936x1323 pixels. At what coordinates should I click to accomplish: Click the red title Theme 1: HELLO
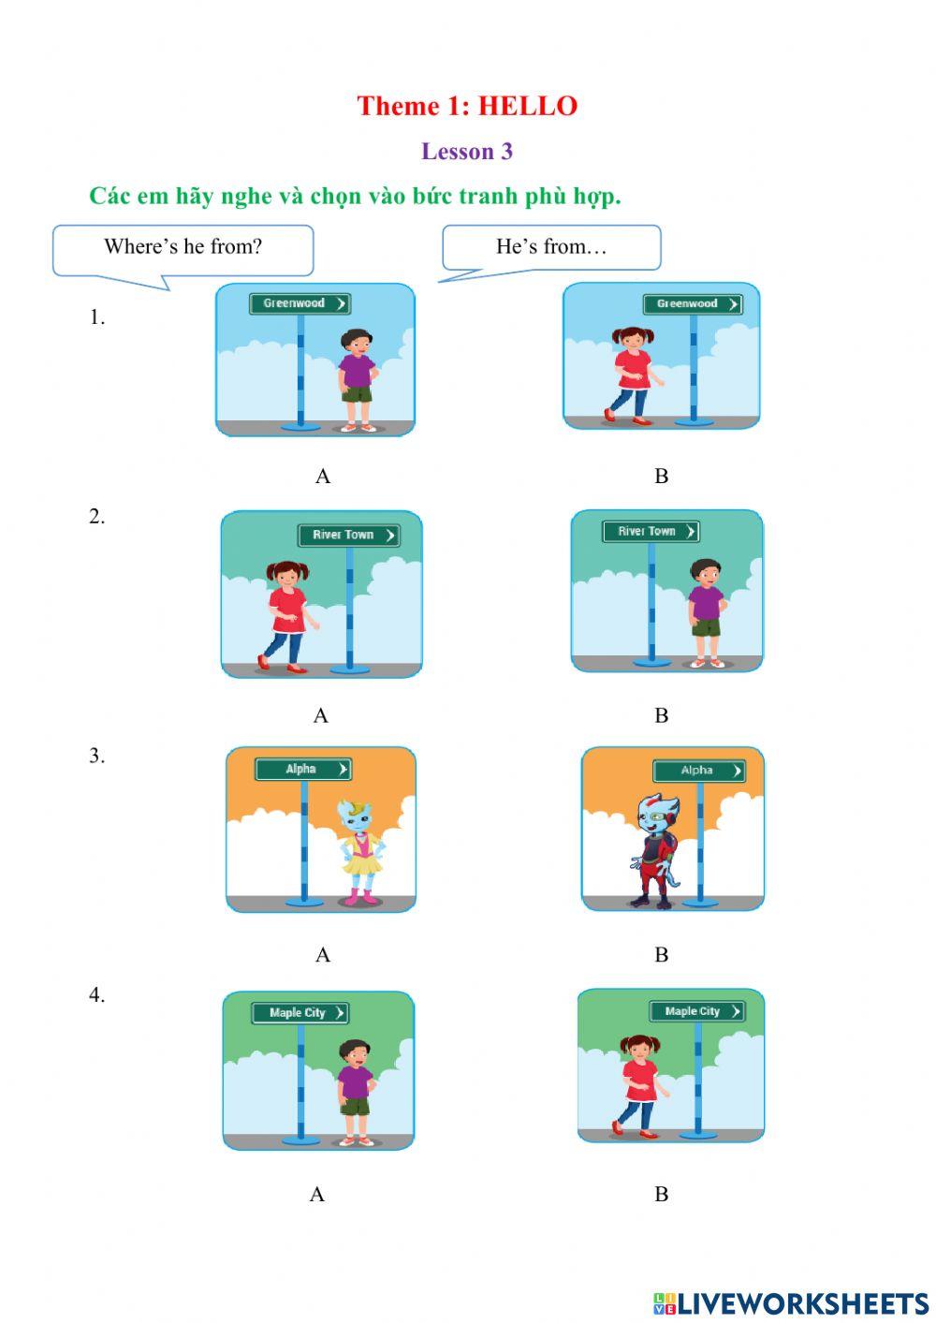[x=467, y=107]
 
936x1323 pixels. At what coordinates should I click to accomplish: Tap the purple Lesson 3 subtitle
[x=466, y=152]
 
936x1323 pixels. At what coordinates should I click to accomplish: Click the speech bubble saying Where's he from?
[x=183, y=250]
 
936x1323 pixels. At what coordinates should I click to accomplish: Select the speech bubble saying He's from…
[x=551, y=248]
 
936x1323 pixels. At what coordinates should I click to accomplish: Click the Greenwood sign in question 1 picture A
[x=300, y=303]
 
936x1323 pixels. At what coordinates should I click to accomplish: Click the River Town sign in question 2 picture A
[x=349, y=536]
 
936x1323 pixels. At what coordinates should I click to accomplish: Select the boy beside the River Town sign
[x=707, y=613]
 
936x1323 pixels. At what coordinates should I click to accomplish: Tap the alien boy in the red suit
[x=655, y=850]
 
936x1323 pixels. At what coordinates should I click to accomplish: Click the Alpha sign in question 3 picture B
[x=698, y=771]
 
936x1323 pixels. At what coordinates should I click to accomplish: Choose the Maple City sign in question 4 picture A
[x=300, y=1013]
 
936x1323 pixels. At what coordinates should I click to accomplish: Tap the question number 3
[x=96, y=756]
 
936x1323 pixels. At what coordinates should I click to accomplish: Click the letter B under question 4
[x=662, y=1194]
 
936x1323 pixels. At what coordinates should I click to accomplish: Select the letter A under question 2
[x=321, y=716]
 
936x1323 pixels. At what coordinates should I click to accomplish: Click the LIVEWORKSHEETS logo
[x=791, y=1304]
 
